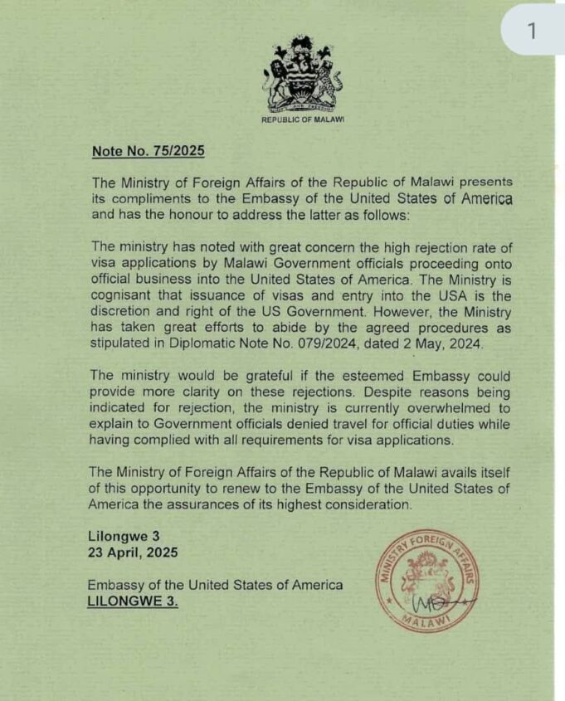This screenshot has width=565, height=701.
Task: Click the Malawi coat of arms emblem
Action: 302,75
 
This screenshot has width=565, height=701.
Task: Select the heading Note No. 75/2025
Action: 148,151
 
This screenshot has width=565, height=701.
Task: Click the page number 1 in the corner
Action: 532,30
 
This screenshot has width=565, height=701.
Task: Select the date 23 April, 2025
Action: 133,552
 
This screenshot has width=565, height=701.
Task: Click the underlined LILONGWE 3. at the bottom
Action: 133,600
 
